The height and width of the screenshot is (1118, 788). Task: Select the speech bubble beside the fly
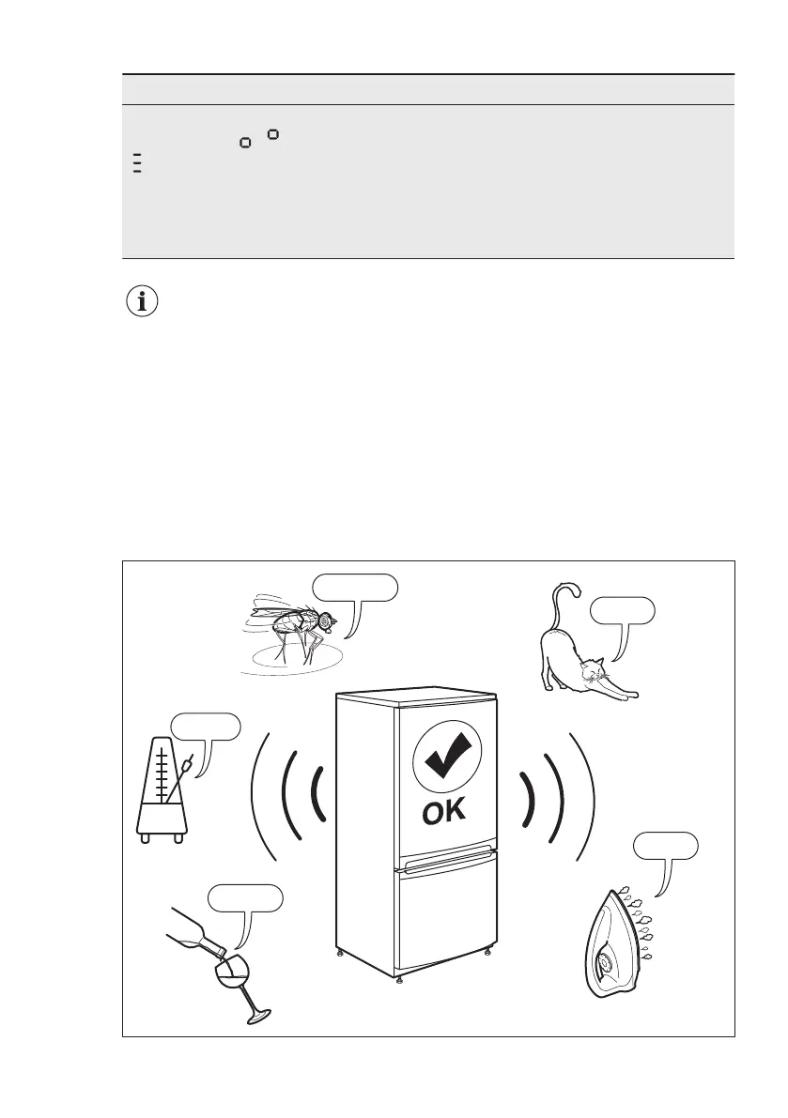(355, 589)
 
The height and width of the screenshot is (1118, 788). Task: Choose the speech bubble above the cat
(622, 611)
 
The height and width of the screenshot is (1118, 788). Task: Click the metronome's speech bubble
(205, 727)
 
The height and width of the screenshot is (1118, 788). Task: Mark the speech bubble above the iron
(665, 846)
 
